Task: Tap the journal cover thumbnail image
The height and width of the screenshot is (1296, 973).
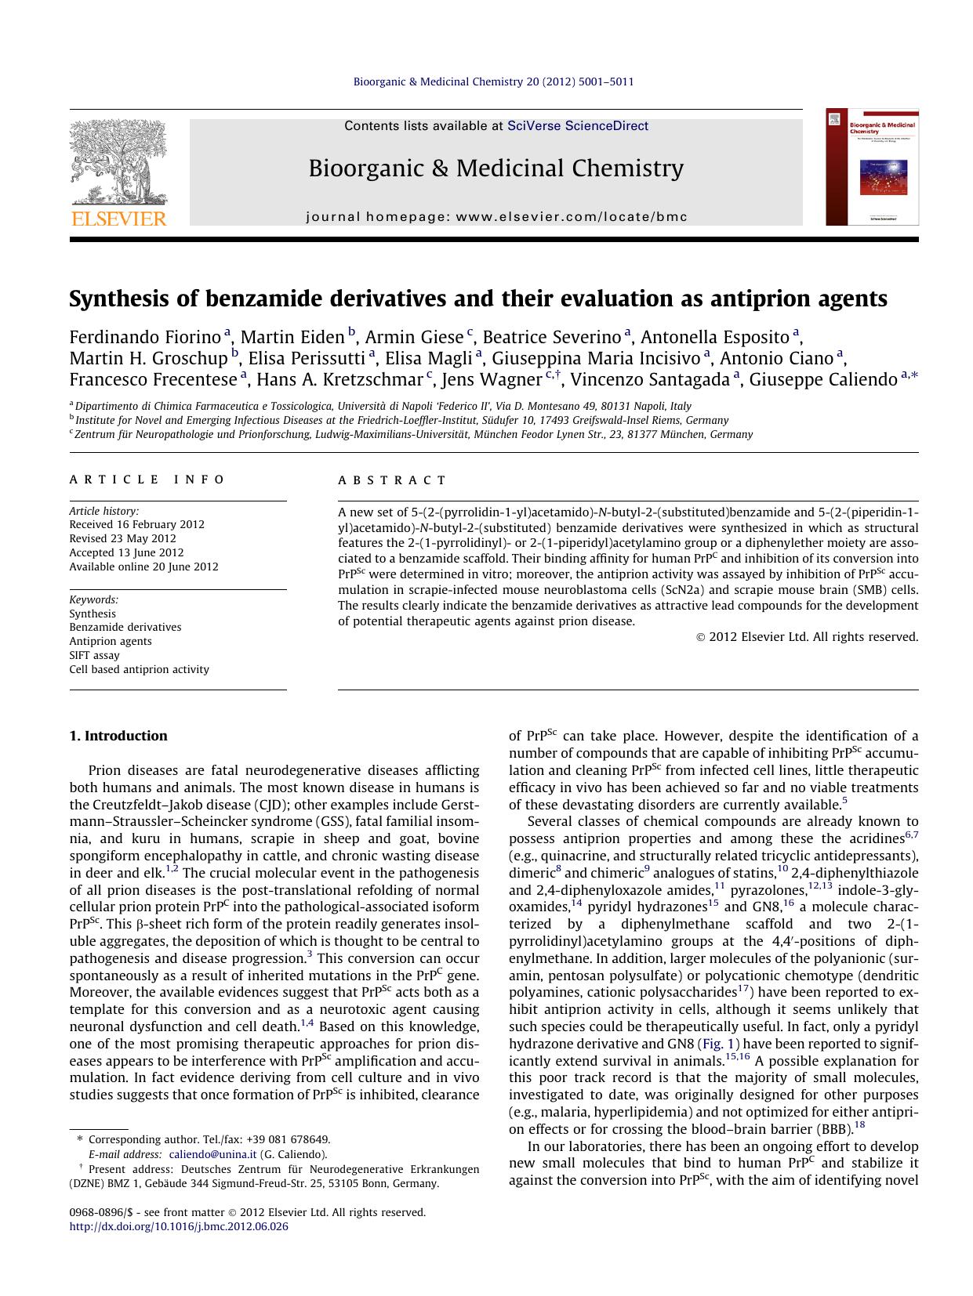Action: click(x=872, y=167)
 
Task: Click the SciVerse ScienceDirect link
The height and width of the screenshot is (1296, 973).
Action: click(x=578, y=125)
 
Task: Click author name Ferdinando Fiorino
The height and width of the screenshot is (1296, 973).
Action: click(x=145, y=338)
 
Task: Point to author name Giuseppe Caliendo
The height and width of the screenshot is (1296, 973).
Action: click(x=822, y=380)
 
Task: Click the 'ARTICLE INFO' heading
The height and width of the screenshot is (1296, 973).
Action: click(x=147, y=480)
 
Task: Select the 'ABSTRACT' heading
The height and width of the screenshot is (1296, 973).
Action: click(x=392, y=480)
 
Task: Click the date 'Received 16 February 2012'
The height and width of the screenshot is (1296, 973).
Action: click(x=136, y=524)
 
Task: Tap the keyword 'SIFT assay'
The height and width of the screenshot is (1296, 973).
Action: click(x=94, y=655)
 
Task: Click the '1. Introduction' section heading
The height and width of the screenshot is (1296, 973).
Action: click(x=118, y=736)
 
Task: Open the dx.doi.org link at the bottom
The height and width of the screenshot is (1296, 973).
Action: click(x=179, y=1226)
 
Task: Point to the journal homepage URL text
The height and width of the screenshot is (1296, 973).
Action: click(x=496, y=216)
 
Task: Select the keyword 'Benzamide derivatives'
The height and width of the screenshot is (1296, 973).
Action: click(x=125, y=627)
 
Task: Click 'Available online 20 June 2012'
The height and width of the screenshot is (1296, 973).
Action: click(x=143, y=567)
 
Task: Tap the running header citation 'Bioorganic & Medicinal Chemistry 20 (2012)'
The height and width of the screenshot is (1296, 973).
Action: click(x=493, y=81)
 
